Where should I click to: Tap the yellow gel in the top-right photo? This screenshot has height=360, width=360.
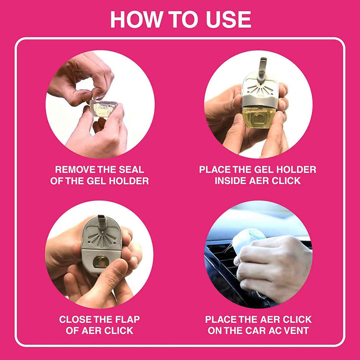pos(259,116)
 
